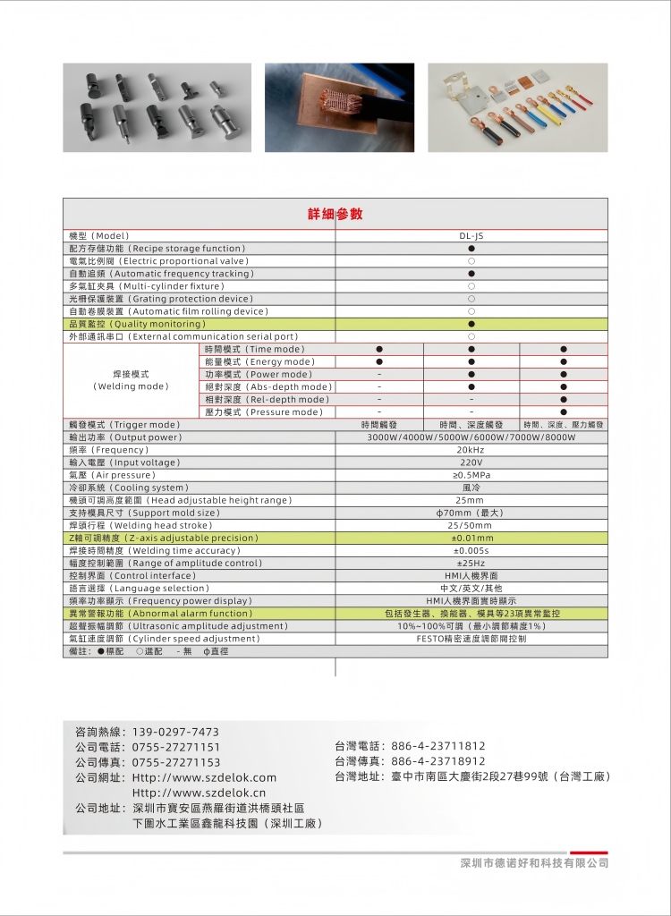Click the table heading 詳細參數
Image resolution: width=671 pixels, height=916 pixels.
tap(335, 215)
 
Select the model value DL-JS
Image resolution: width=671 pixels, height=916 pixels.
tap(471, 235)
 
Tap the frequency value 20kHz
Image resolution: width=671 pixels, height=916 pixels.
tap(471, 450)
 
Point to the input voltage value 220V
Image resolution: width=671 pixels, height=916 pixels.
tap(471, 462)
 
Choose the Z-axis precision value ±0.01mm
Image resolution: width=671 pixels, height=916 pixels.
tap(471, 539)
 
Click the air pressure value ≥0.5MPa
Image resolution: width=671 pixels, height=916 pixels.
tap(471, 475)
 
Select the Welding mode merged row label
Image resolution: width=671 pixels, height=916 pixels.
tap(131, 380)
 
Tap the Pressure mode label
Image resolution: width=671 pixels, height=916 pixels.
tap(263, 412)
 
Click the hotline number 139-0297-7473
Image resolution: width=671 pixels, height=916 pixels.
tap(175, 732)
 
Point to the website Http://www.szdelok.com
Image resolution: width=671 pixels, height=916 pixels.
tap(204, 778)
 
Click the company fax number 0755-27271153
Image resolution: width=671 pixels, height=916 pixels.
tap(175, 762)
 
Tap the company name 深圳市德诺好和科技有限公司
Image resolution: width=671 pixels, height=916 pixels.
tap(533, 863)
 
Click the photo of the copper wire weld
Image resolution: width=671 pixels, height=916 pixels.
tap(338, 107)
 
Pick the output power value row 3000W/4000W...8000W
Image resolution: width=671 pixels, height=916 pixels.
tap(471, 437)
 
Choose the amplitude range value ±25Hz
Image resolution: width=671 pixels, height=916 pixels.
tap(471, 564)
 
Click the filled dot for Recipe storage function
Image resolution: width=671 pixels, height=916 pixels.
tap(471, 248)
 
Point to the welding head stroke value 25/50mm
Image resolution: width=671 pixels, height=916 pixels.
tap(471, 526)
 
